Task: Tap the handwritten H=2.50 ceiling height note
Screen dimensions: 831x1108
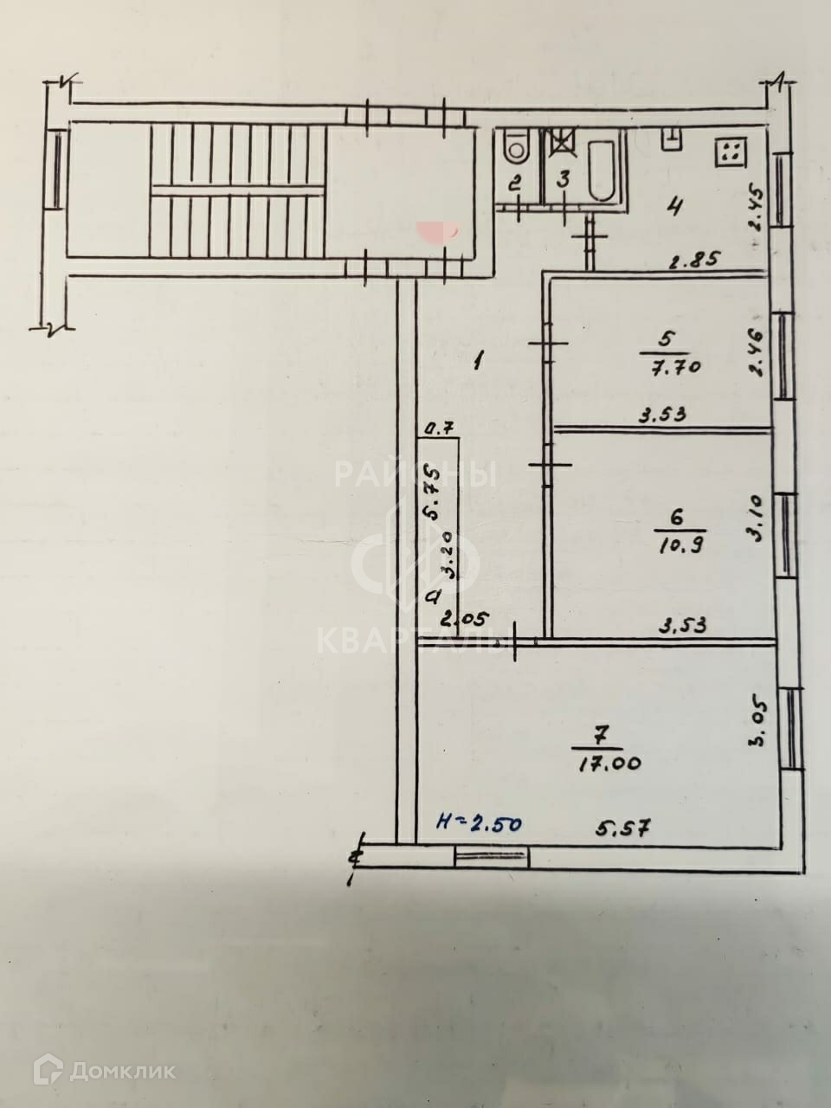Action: click(480, 823)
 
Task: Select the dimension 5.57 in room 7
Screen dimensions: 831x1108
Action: click(623, 828)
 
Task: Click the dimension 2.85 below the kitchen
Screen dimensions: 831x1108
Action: click(694, 259)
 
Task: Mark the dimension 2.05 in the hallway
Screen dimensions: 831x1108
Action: click(466, 619)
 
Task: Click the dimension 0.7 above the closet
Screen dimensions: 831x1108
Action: click(441, 428)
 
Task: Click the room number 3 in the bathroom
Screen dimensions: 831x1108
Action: click(563, 181)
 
